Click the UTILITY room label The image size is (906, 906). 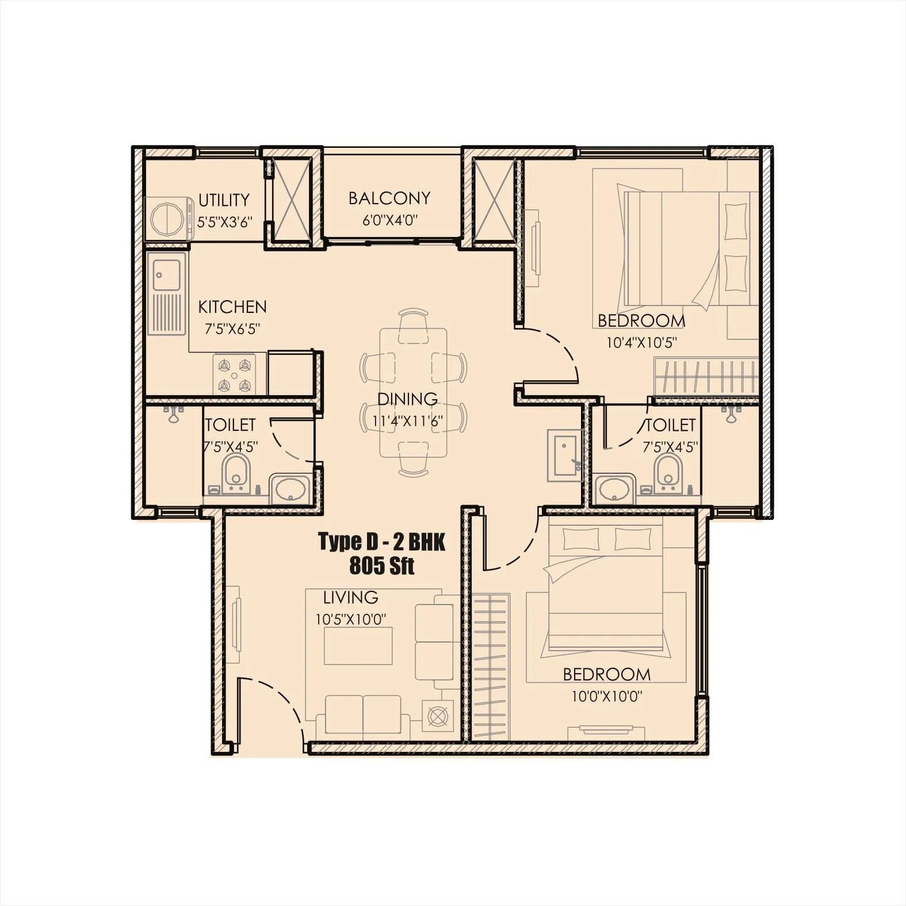pos(224,200)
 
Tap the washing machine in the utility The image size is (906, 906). pos(169,219)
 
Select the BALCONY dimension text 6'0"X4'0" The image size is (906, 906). pos(389,220)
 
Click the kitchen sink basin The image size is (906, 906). pos(167,275)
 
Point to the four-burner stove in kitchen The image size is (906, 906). pos(234,374)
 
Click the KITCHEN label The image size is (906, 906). pos(232,307)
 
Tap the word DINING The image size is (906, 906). pos(407,399)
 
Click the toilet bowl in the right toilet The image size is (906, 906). pos(667,471)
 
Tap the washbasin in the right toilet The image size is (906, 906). pos(614,490)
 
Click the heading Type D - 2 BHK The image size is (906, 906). pos(381,542)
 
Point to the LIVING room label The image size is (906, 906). pos(350,597)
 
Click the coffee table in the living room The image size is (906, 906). pos(358,645)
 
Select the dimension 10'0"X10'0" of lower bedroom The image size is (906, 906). pos(606,697)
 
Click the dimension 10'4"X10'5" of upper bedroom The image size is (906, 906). pos(641,343)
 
